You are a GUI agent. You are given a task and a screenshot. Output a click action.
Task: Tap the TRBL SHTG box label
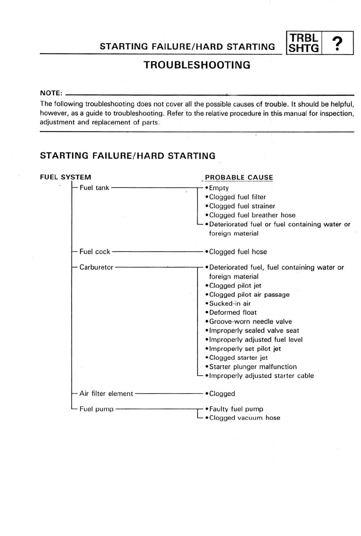[303, 43]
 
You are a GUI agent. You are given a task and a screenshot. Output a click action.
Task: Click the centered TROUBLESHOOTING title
[197, 65]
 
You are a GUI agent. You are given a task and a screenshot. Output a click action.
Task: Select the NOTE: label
[51, 93]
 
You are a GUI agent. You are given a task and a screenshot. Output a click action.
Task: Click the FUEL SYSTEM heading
[66, 177]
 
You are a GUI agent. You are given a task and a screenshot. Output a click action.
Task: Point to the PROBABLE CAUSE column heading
[239, 177]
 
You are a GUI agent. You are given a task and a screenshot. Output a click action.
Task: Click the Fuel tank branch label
[94, 188]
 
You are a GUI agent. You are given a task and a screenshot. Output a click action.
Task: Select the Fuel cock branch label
[95, 252]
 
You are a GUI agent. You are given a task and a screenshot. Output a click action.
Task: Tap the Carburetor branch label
[96, 267]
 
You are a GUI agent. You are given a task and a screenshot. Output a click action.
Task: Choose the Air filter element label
[106, 393]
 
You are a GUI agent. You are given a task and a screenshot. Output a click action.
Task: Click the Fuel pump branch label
[96, 409]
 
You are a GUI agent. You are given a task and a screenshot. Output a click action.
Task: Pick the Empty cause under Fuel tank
[219, 188]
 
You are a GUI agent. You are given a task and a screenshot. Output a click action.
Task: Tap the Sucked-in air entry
[230, 304]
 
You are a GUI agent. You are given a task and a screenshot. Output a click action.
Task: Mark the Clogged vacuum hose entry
[244, 418]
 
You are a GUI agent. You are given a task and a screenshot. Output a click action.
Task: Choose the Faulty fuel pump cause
[236, 409]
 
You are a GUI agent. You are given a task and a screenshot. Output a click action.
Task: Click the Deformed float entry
[233, 313]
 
